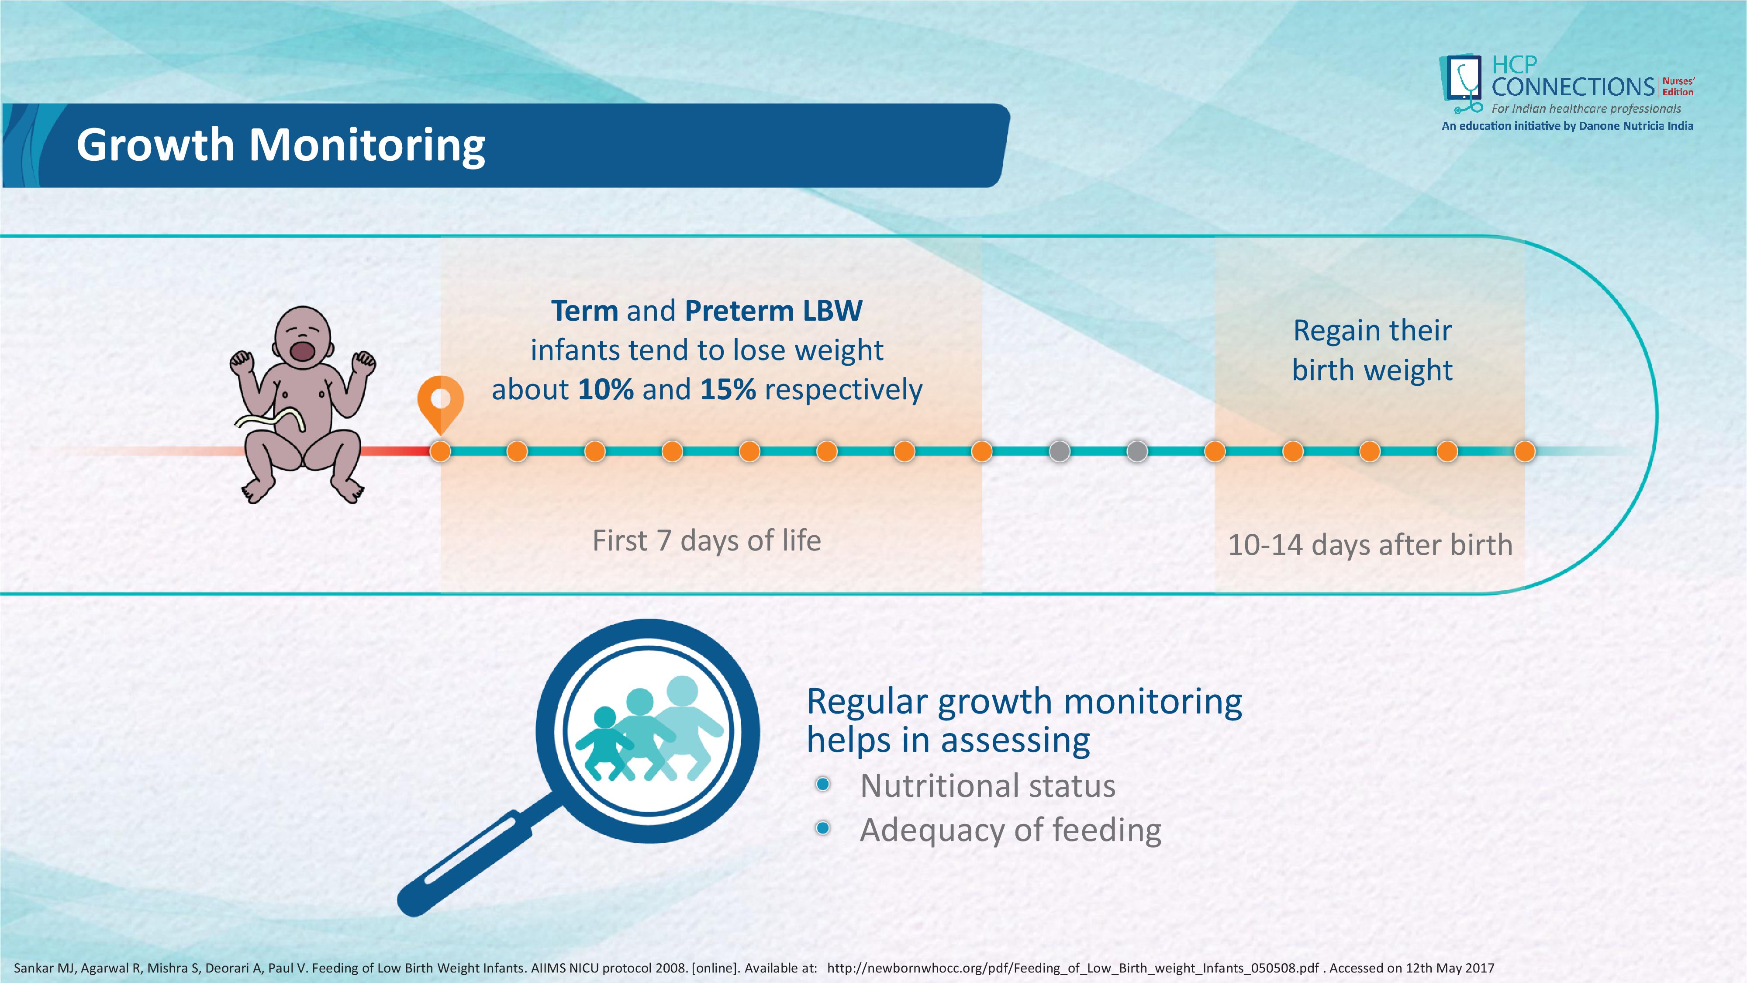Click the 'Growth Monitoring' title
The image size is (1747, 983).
[x=281, y=145]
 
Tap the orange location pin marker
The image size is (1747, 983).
[x=440, y=400]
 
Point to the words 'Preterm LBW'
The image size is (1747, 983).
[x=773, y=311]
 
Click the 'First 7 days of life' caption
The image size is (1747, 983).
[x=707, y=541]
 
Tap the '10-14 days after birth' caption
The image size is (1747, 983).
[x=1370, y=545]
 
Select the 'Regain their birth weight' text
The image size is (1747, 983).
[x=1372, y=350]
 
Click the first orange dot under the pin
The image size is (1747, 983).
[x=440, y=451]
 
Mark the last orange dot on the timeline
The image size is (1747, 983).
[x=1525, y=451]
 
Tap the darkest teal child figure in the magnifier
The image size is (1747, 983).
[x=604, y=743]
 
